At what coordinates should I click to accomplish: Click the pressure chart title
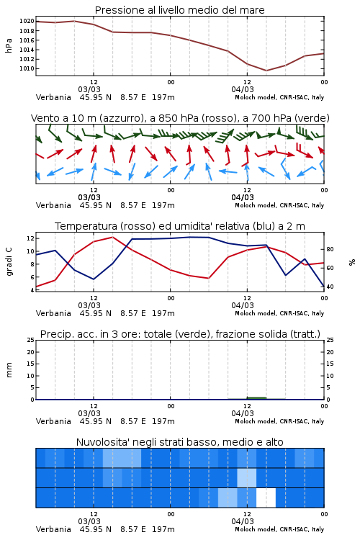[x=179, y=10]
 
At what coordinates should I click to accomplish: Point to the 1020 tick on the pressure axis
[x=27, y=21]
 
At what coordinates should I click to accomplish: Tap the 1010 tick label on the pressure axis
[x=27, y=68]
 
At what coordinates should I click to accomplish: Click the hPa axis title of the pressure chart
[x=9, y=45]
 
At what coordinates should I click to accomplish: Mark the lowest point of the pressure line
[x=266, y=71]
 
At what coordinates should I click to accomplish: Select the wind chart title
[x=180, y=118]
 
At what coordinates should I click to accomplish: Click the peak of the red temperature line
[x=112, y=237]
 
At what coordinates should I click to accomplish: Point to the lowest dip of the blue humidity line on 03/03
[x=94, y=279]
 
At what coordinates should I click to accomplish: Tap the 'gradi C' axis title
[x=9, y=262]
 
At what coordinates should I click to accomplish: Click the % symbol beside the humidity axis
[x=352, y=262]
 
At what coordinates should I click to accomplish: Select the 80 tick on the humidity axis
[x=330, y=249]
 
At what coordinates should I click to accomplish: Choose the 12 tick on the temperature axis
[x=30, y=238]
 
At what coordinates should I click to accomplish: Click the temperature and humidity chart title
[x=180, y=226]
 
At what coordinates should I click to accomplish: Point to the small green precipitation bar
[x=256, y=398]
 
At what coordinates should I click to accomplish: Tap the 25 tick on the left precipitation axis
[x=31, y=340]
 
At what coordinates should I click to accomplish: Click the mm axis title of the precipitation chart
[x=9, y=370]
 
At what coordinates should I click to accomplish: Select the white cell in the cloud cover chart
[x=266, y=498]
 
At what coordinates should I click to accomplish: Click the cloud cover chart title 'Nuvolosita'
[x=179, y=442]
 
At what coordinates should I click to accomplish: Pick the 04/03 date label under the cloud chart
[x=243, y=521]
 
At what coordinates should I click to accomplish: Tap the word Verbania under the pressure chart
[x=53, y=97]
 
